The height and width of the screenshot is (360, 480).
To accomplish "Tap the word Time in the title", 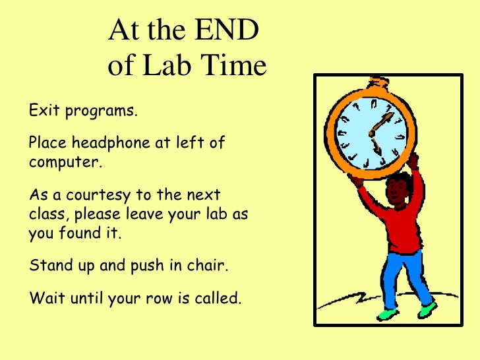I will point(233,66).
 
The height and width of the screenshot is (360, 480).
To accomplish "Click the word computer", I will point(65,162).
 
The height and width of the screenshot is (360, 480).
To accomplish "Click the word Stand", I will point(49,266).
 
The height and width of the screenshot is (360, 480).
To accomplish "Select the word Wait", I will point(45,298).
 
